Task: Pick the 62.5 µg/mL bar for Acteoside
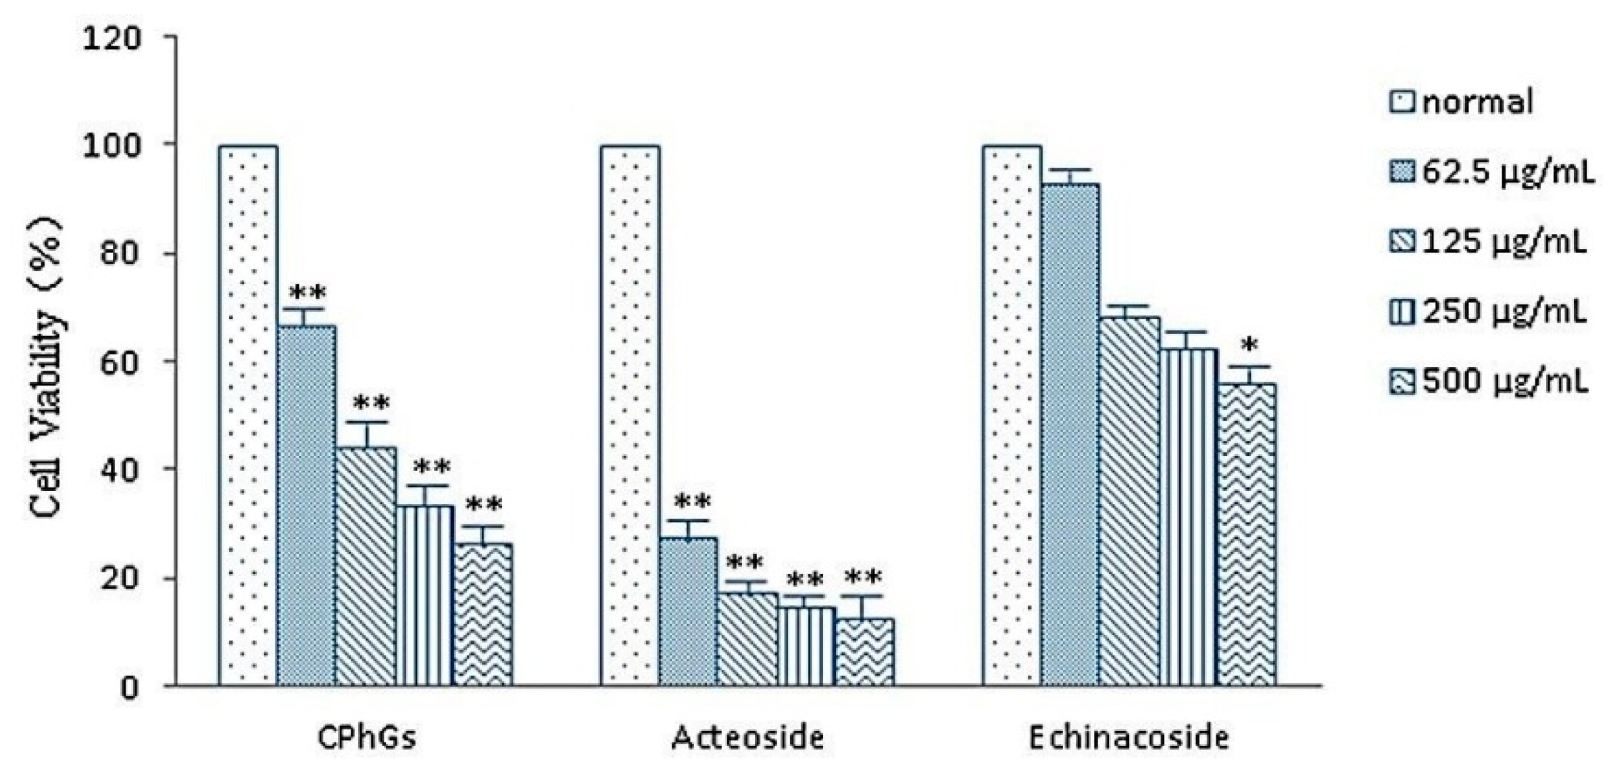[688, 611]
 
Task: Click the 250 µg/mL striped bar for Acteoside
[806, 646]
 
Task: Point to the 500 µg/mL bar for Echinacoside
[1247, 534]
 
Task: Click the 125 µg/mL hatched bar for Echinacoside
[1129, 500]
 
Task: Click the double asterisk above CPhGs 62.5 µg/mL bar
[307, 294]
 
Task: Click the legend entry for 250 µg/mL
[1487, 312]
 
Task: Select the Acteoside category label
[747, 738]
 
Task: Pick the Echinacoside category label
[1128, 738]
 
